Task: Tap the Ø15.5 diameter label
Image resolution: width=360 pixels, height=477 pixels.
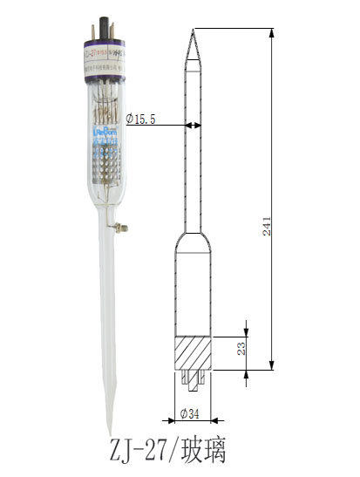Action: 140,119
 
